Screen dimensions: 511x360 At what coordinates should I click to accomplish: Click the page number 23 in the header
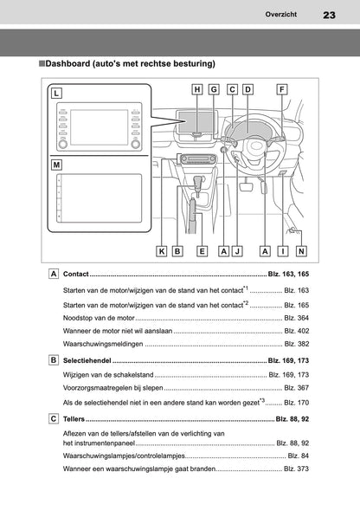[x=328, y=15]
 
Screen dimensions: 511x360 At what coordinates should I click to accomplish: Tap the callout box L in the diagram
[x=56, y=93]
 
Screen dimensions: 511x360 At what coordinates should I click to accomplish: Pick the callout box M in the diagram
[x=56, y=165]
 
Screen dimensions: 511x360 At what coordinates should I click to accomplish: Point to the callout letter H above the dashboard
[x=197, y=89]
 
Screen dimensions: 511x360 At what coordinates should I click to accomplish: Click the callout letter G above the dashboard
[x=214, y=89]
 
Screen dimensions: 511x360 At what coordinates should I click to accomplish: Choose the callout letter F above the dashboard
[x=282, y=89]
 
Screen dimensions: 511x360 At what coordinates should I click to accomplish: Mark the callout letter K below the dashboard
[x=161, y=251]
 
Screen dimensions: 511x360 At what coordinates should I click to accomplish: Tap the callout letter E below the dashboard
[x=202, y=251]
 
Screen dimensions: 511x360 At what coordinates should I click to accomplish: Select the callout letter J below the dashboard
[x=236, y=251]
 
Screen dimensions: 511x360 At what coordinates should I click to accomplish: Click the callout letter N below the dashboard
[x=300, y=251]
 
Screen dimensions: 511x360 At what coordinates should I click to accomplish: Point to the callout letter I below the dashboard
[x=282, y=251]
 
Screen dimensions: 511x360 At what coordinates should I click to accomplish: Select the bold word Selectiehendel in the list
[x=88, y=359]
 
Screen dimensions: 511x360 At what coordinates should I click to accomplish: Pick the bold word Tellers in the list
[x=75, y=417]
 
